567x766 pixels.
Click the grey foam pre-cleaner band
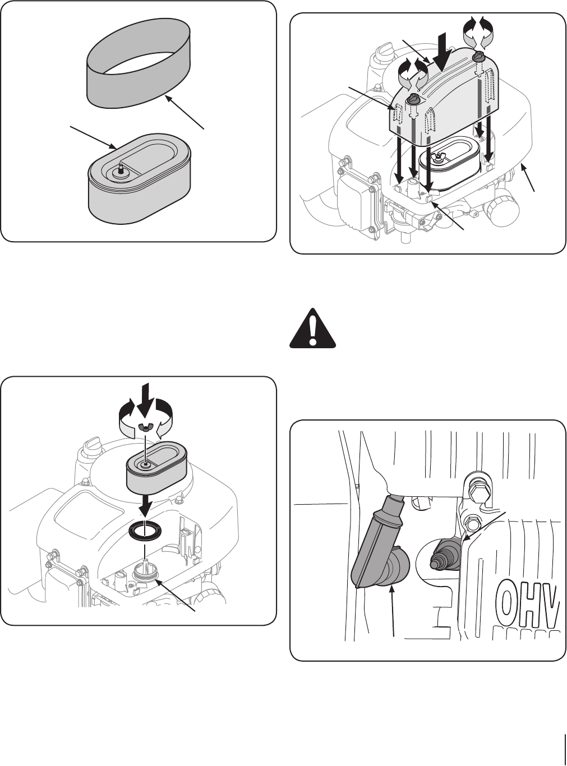[x=137, y=79]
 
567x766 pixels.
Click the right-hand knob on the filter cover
[x=480, y=57]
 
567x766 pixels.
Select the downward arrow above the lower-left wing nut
[x=146, y=396]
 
